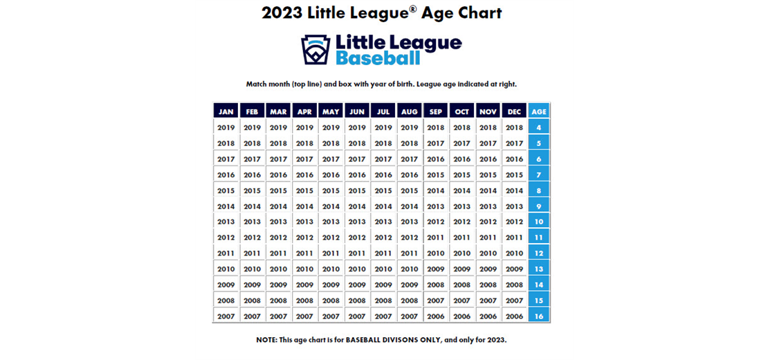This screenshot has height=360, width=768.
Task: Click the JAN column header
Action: [x=226, y=111]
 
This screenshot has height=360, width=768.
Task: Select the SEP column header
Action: [x=436, y=111]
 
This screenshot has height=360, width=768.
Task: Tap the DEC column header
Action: [x=514, y=111]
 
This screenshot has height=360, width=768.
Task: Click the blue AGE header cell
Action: [x=539, y=111]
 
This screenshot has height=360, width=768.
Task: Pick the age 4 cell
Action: [x=539, y=127]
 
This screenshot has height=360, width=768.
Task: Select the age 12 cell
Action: [x=539, y=253]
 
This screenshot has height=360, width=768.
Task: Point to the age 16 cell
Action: [x=539, y=316]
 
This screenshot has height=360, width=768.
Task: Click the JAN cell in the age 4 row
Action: [x=226, y=127]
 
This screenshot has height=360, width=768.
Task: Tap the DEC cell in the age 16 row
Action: [x=514, y=316]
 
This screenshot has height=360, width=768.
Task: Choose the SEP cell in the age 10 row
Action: [x=436, y=222]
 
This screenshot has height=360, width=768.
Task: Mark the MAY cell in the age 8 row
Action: [x=331, y=190]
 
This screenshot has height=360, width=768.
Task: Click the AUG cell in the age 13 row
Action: [x=410, y=269]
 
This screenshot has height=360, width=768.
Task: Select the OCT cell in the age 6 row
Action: [x=461, y=159]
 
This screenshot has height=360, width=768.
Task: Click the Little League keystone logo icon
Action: [x=316, y=50]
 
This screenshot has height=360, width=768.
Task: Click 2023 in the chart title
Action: [x=283, y=13]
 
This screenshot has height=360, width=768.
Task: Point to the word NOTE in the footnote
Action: [x=267, y=340]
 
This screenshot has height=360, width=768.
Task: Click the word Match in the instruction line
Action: [x=257, y=84]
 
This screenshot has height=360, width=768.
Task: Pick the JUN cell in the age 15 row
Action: [x=357, y=300]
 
